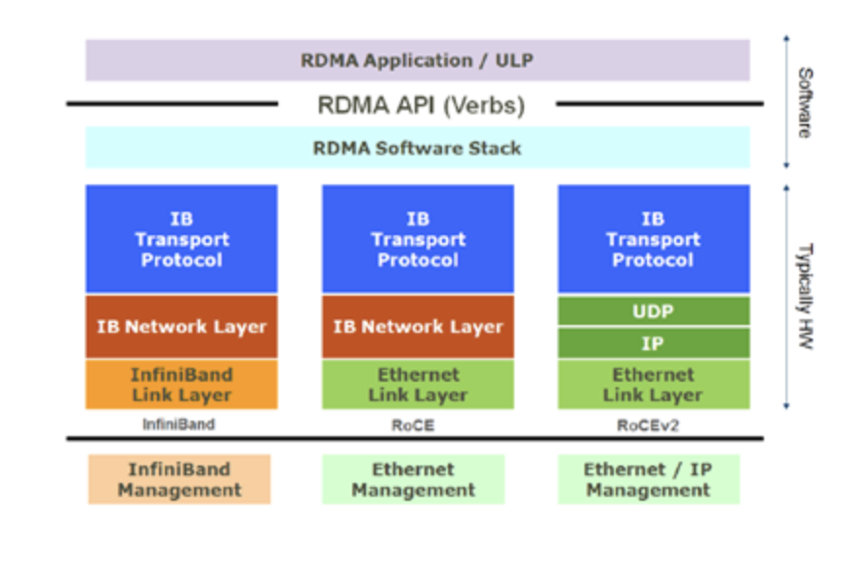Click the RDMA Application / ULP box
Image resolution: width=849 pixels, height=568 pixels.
tap(418, 61)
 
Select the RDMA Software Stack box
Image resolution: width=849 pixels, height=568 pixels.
tap(418, 147)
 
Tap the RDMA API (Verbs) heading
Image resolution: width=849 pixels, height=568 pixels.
tap(421, 105)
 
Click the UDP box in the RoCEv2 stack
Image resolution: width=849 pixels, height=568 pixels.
tap(654, 311)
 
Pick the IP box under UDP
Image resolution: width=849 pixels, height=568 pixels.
tap(654, 344)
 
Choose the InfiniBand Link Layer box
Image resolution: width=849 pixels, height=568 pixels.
tap(182, 385)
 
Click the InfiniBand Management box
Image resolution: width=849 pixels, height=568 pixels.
tap(180, 479)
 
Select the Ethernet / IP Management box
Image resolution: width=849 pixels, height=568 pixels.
tap(649, 479)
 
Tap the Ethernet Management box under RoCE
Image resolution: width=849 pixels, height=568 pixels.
tap(413, 479)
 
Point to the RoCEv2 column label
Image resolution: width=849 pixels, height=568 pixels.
tap(648, 426)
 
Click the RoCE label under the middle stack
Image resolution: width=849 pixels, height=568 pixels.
tap(413, 426)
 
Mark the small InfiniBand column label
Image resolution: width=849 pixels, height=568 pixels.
tap(179, 424)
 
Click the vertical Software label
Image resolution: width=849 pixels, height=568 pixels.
tap(805, 102)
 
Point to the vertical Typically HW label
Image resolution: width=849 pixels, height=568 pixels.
tap(805, 296)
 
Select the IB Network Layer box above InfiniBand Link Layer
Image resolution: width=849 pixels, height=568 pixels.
tap(182, 327)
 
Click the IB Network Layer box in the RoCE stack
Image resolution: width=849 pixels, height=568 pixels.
tap(418, 327)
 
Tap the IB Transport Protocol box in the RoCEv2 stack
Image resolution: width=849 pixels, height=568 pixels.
tap(654, 239)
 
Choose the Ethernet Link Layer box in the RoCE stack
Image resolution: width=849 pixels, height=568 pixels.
tap(418, 385)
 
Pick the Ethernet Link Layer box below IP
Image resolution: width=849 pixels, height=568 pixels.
tap(654, 385)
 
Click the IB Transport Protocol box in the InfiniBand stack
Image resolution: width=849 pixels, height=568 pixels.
tap(182, 239)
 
